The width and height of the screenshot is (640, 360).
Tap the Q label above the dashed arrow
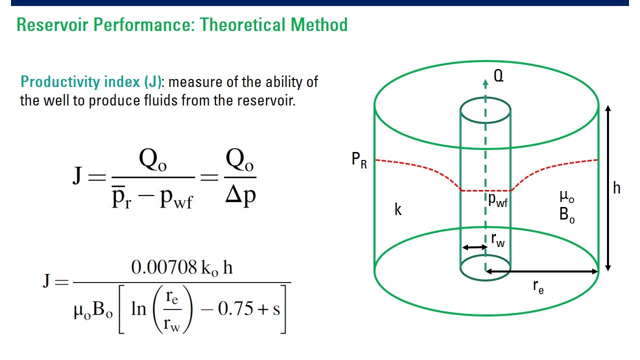click(498, 76)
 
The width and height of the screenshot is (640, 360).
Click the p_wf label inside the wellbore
click(498, 200)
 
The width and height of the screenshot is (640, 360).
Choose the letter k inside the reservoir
click(398, 210)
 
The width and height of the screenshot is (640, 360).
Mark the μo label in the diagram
click(567, 196)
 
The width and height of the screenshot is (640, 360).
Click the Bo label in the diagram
click(567, 215)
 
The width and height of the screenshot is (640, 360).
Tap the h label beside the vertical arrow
click(617, 188)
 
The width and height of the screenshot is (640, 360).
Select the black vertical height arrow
click(607, 188)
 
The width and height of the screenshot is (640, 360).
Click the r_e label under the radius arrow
click(538, 286)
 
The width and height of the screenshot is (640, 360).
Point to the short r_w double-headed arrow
click(474, 247)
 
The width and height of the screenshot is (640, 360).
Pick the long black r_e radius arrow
click(541, 271)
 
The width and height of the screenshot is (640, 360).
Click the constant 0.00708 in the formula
click(163, 267)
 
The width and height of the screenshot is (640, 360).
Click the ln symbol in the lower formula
click(138, 308)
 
